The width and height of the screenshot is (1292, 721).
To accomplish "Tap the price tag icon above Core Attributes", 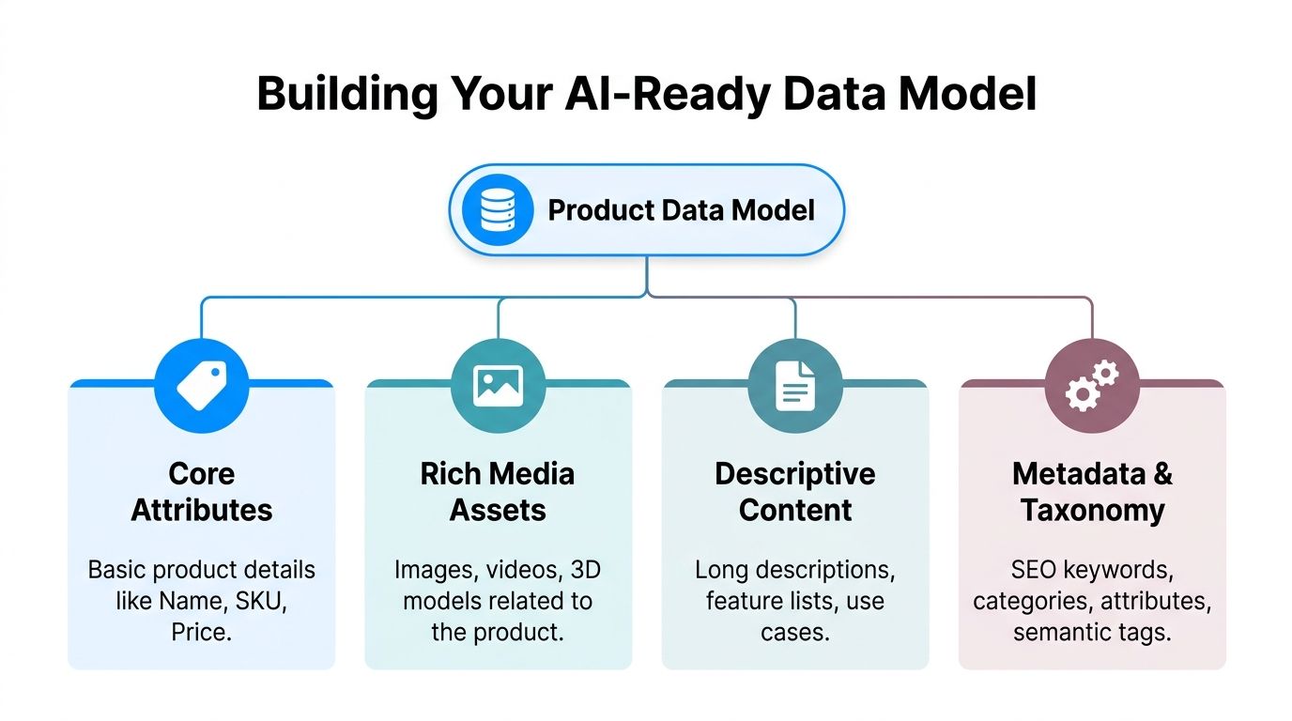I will pyautogui.click(x=201, y=387).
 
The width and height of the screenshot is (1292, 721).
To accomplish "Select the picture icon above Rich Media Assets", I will pyautogui.click(x=498, y=387).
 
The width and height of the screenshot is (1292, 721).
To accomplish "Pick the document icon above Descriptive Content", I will pyautogui.click(x=794, y=387).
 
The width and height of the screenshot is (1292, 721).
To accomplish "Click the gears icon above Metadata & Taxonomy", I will pyautogui.click(x=1092, y=387).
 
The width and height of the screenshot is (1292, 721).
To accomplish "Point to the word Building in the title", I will pyautogui.click(x=347, y=95).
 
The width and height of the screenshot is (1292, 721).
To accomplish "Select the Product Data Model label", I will pyautogui.click(x=681, y=209).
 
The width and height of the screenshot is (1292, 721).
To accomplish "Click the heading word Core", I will pyautogui.click(x=202, y=474).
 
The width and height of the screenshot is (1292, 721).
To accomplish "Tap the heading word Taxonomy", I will pyautogui.click(x=1092, y=511).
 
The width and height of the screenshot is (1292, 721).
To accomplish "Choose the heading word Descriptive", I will pyautogui.click(x=794, y=474).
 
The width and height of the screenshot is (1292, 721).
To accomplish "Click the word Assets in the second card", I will pyautogui.click(x=498, y=511).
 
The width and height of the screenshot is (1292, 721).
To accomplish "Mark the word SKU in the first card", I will pyautogui.click(x=259, y=601).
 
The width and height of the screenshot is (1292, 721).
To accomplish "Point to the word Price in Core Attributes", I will pyautogui.click(x=201, y=632).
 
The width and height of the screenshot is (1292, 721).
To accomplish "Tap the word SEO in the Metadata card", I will pyautogui.click(x=1032, y=570).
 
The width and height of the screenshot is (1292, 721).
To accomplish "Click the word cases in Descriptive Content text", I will pyautogui.click(x=794, y=632).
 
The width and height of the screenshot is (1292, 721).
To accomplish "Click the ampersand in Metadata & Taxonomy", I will pyautogui.click(x=1162, y=474).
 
